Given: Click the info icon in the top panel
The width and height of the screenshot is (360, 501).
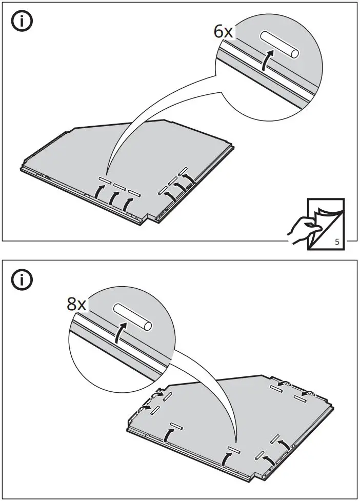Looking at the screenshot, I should pyautogui.click(x=22, y=24).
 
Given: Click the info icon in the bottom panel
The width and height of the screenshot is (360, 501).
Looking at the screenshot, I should pyautogui.click(x=22, y=280).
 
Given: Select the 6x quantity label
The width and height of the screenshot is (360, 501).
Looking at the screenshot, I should pyautogui.click(x=224, y=32).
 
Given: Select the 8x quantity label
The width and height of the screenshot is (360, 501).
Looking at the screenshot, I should pyautogui.click(x=77, y=304).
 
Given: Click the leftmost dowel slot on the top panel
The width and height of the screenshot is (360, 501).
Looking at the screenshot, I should pyautogui.click(x=105, y=182).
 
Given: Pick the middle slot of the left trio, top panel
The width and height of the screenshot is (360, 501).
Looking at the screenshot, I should pyautogui.click(x=119, y=187).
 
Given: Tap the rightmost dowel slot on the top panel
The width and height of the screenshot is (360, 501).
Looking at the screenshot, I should pyautogui.click(x=183, y=170).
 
